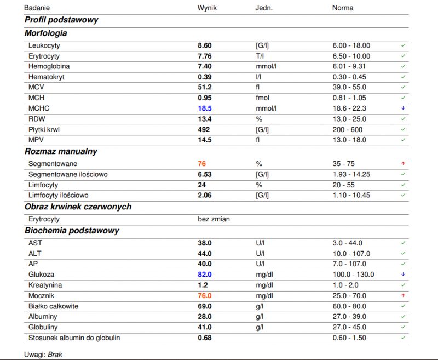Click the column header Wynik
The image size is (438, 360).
click(207, 8)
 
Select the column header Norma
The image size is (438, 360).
click(343, 8)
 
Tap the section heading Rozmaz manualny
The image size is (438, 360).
click(61, 151)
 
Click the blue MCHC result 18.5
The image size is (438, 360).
click(205, 108)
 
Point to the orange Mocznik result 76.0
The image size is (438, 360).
click(205, 296)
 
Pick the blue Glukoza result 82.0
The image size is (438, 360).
click(205, 275)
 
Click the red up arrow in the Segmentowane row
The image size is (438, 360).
click(403, 163)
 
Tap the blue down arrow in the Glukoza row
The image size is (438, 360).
click(403, 275)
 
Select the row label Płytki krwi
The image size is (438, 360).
click(44, 130)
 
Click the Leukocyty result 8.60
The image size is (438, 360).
click(205, 45)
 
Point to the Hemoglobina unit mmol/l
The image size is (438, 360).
click(266, 66)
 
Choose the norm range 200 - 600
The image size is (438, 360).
click(348, 130)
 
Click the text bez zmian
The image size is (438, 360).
click(214, 219)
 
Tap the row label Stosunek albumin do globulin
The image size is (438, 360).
click(74, 338)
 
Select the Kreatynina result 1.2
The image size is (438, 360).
click(203, 285)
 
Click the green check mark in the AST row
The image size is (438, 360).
click(403, 243)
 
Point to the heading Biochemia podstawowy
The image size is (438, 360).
click(72, 231)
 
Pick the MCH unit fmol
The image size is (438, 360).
click(263, 98)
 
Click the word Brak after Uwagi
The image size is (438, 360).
click(55, 355)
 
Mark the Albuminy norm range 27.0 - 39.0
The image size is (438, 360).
click(349, 317)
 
